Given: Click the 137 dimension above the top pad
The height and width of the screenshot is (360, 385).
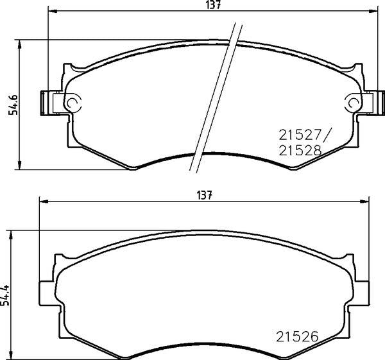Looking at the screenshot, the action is tap(214, 5).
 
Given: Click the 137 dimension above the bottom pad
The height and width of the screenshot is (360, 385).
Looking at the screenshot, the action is tap(204, 196).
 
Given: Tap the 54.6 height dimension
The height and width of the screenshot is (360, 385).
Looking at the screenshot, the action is tap(13, 105).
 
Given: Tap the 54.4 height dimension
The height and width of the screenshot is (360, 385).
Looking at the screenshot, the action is tap(5, 295).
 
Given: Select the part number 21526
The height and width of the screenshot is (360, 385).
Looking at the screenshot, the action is tap(297, 336).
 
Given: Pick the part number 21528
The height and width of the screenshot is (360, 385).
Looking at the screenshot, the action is tap(300, 150).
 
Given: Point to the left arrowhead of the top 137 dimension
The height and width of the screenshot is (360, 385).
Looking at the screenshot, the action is tap(53, 11).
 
